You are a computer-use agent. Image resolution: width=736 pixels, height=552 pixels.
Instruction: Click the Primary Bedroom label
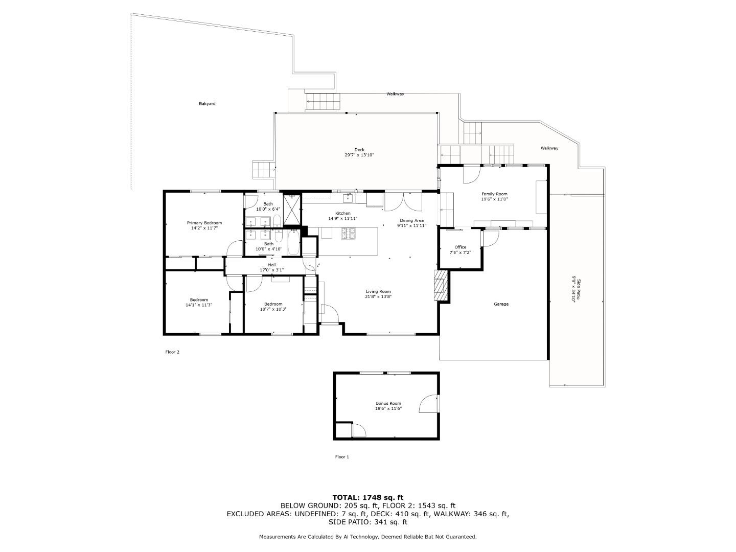click(204, 223)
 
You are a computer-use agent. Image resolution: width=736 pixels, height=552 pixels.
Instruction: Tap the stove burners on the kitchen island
click(349, 233)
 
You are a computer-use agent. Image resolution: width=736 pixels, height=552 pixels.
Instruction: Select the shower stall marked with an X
click(292, 210)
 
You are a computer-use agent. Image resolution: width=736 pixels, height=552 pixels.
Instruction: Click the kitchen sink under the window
click(348, 198)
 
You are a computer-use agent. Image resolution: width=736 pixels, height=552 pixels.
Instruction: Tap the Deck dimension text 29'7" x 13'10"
click(359, 155)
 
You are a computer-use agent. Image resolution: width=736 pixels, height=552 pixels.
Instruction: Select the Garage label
click(501, 304)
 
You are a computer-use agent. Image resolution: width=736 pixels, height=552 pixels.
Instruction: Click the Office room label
click(460, 247)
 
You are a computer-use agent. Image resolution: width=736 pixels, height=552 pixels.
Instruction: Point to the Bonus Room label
click(388, 403)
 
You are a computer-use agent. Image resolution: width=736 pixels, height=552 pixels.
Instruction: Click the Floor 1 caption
click(342, 457)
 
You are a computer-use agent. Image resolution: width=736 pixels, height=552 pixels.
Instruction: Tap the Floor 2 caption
click(172, 352)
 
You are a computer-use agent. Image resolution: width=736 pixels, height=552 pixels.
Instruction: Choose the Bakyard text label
click(207, 104)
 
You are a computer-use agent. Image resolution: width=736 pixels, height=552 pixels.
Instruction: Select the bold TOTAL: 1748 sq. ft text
click(367, 497)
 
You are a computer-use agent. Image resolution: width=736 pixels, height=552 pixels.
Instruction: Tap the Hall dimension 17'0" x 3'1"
click(271, 270)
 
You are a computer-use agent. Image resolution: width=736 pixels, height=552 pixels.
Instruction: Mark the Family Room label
click(494, 194)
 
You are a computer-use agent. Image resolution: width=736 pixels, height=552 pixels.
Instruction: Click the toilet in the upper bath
click(277, 221)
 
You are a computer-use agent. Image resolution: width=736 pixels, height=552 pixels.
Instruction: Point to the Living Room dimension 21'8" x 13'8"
click(378, 296)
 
